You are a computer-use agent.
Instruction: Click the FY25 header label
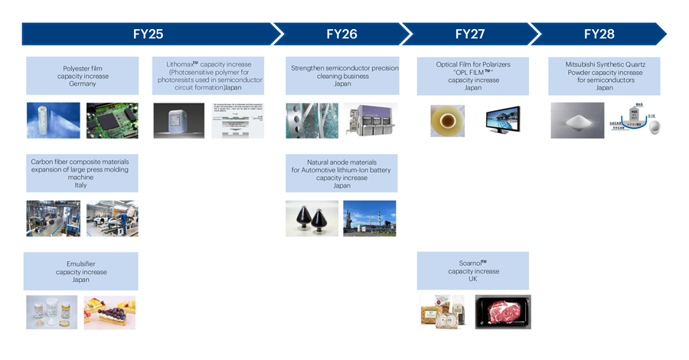click(148, 34)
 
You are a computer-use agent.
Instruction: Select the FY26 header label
click(341, 34)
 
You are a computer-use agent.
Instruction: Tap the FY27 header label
click(470, 34)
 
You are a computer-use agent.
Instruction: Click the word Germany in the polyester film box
click(83, 84)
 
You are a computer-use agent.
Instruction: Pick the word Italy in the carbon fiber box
click(81, 185)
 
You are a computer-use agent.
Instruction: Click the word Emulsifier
click(81, 264)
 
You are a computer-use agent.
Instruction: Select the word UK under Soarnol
click(473, 280)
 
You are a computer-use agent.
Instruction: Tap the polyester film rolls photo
click(53, 120)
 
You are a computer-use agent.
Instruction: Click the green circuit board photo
click(112, 120)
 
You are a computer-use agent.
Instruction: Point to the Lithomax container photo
click(178, 120)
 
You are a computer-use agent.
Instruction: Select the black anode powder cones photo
click(312, 218)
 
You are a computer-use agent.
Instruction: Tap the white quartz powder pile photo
click(577, 120)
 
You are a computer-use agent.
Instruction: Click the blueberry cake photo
click(109, 313)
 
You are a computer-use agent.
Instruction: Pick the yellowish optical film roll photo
click(447, 120)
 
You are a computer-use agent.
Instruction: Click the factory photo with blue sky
click(370, 218)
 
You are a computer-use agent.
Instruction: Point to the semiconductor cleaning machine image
click(370, 120)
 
